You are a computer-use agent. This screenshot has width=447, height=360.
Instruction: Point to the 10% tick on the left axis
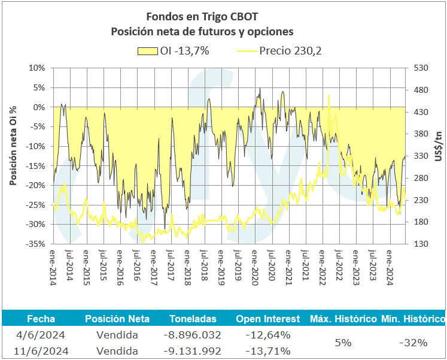pyautogui.click(x=37, y=68)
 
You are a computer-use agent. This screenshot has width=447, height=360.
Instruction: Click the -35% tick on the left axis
pyautogui.click(x=36, y=244)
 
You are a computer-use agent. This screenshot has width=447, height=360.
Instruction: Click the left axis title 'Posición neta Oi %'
pyautogui.click(x=13, y=146)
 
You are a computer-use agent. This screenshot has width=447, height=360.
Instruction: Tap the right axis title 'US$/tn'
pyautogui.click(x=438, y=146)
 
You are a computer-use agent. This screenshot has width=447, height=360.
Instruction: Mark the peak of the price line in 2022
pyautogui.click(x=329, y=95)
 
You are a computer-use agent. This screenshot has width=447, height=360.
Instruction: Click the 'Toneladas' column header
pyautogui.click(x=193, y=319)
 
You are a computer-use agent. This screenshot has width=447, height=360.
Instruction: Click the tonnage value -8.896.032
pyautogui.click(x=193, y=335)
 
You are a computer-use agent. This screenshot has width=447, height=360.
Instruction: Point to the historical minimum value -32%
pyautogui.click(x=412, y=343)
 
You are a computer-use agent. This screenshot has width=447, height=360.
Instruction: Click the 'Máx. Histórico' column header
pyautogui.click(x=343, y=319)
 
